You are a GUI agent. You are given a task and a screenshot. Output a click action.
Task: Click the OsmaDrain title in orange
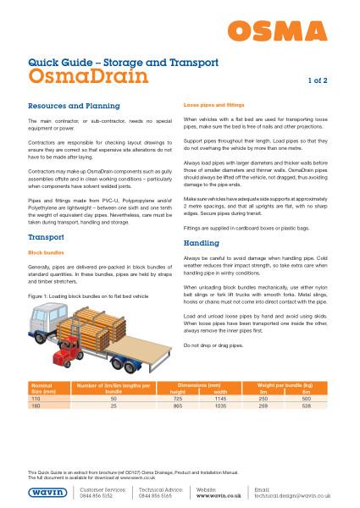pyautogui.click(x=89, y=76)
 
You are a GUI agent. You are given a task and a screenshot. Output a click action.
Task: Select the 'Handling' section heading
pyautogui.click(x=202, y=243)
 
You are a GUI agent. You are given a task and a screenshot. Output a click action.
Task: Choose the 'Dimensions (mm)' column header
pyautogui.click(x=200, y=385)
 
